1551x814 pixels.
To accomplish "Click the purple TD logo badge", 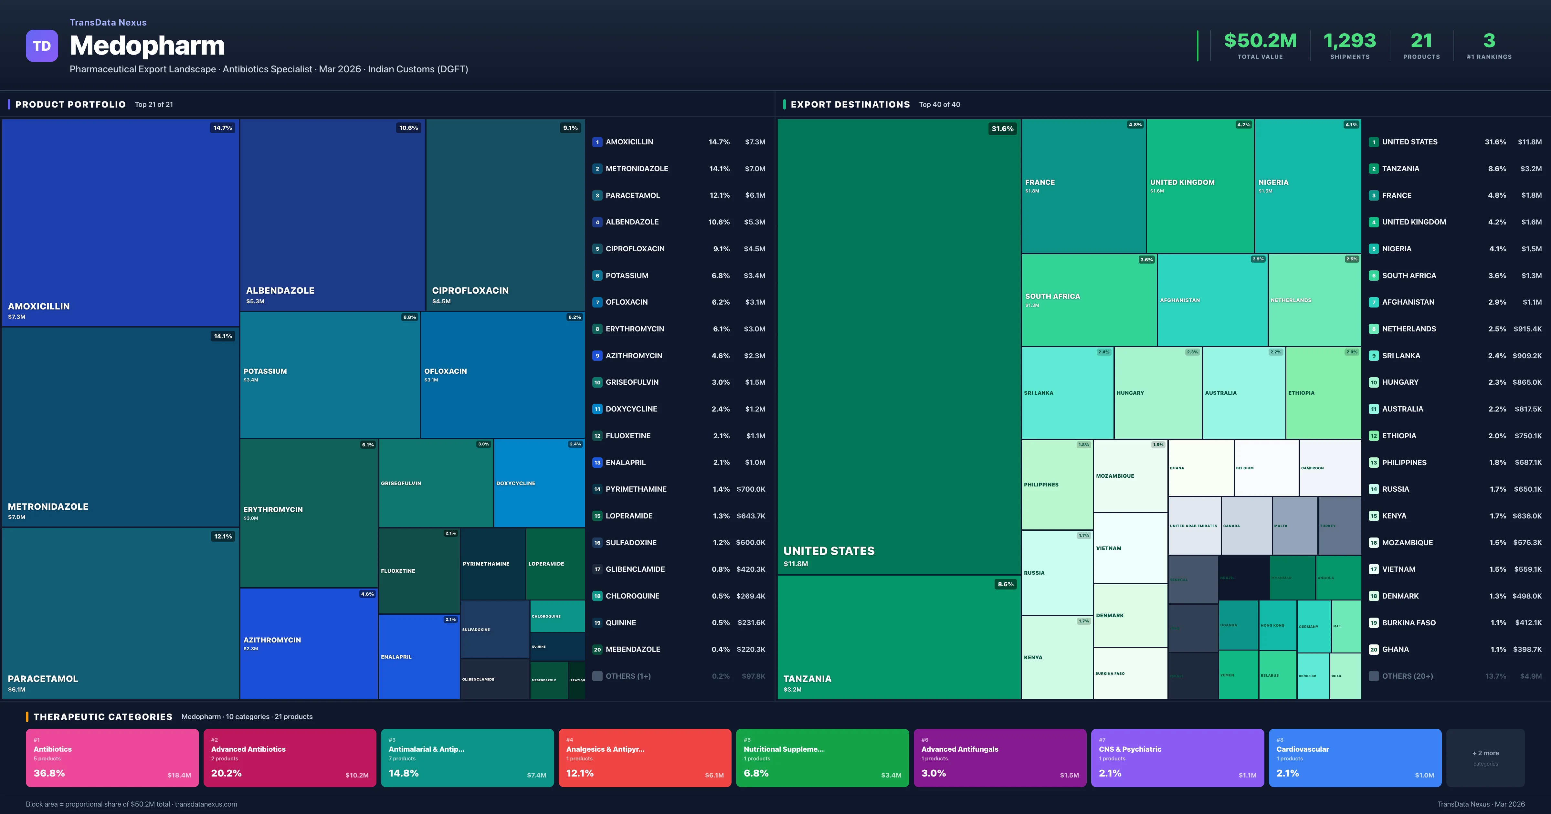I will tap(42, 46).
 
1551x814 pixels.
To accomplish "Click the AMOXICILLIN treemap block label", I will tap(38, 306).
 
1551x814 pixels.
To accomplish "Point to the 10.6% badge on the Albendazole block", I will tap(408, 128).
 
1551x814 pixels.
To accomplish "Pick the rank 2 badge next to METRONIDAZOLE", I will tap(597, 169).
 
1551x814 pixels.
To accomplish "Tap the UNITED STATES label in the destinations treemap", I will tap(828, 551).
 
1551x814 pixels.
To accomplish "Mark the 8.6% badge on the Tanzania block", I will tap(1005, 584).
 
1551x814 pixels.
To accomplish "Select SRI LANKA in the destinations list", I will tap(1400, 356).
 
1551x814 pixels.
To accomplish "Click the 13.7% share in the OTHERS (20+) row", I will tap(1495, 676).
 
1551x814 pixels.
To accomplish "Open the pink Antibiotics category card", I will tap(112, 757).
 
